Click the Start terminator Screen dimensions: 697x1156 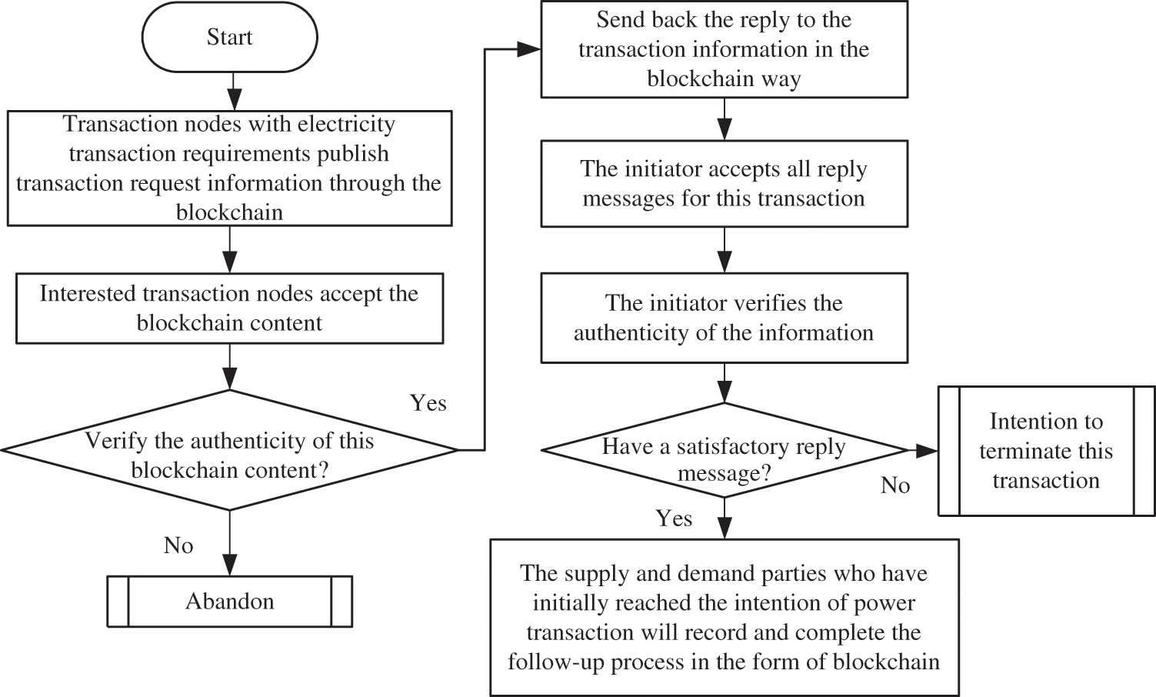229,38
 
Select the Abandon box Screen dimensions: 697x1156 229,601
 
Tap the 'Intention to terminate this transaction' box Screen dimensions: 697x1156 1046,451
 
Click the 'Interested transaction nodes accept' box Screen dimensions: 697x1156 229,308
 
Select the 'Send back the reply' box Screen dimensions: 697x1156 724,49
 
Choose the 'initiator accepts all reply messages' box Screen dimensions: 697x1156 724,183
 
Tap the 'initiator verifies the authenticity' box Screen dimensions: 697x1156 724,318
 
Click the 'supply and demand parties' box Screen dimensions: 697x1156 724,617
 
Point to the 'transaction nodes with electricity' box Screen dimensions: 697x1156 229,168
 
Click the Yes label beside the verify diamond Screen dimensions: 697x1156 428,403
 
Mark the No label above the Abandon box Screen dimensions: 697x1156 178,545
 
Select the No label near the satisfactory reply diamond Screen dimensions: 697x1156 895,485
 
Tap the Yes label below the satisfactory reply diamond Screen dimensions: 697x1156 674,519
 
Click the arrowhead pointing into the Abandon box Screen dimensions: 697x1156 229,566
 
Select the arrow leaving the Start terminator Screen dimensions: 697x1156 234,91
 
